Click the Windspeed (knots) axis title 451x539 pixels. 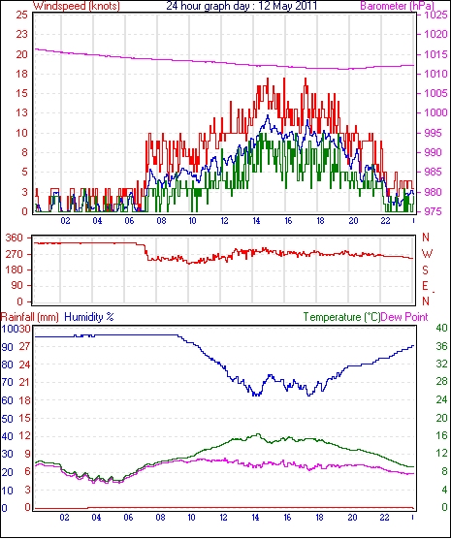click(77, 6)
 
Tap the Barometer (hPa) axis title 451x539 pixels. click(397, 6)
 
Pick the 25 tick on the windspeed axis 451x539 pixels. click(21, 15)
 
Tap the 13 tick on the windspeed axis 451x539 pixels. click(21, 112)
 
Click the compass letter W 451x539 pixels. click(427, 254)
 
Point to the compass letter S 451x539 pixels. click(426, 270)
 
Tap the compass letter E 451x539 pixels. click(426, 286)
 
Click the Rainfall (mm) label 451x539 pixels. click(30, 317)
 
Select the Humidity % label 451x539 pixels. click(89, 317)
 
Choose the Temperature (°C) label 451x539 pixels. click(341, 317)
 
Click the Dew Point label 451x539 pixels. click(404, 317)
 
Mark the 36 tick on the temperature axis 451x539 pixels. click(441, 346)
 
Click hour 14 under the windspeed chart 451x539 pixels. click(256, 221)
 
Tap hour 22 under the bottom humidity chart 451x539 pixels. click(384, 518)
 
